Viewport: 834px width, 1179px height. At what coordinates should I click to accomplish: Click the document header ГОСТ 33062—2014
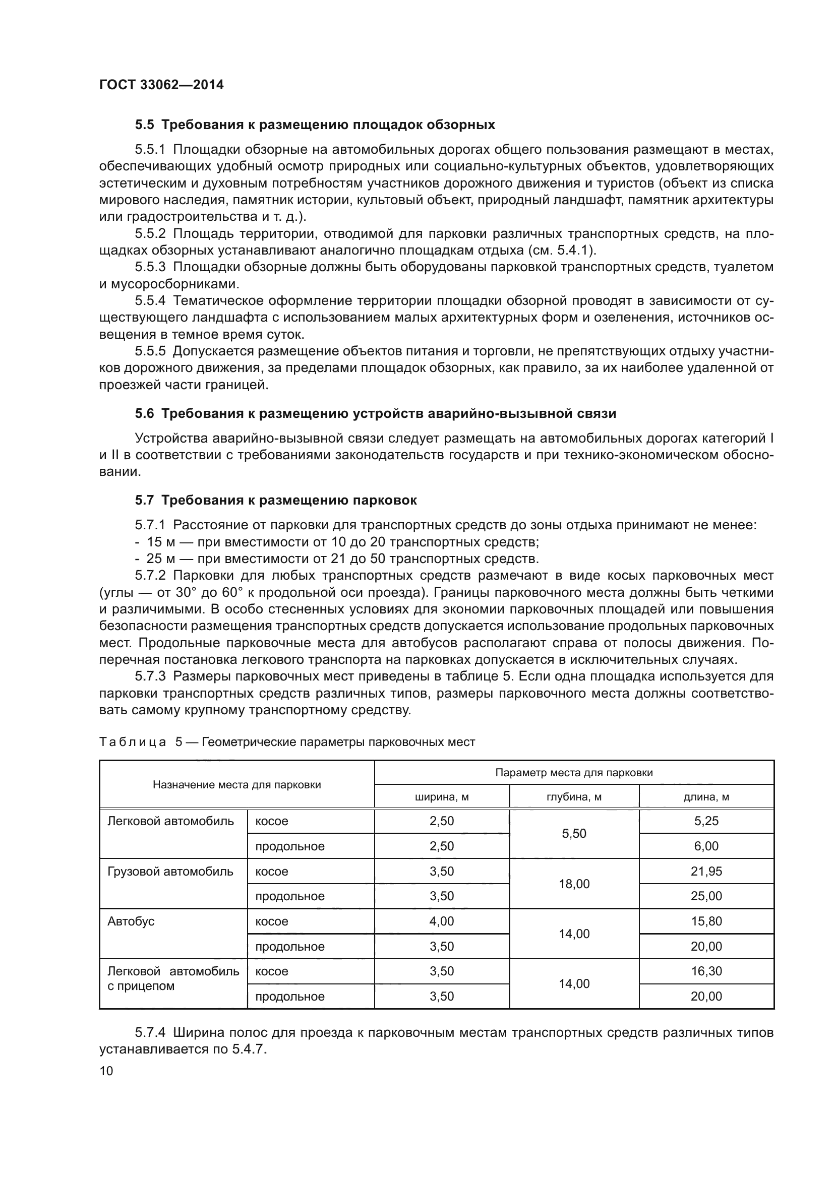pos(161,85)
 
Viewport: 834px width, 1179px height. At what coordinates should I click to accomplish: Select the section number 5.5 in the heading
pos(144,125)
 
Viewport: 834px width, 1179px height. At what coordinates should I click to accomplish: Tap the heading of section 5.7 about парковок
pos(276,500)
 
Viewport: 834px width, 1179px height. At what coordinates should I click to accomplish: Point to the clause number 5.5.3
pos(150,267)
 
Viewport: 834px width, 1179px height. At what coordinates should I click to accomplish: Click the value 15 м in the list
pos(161,542)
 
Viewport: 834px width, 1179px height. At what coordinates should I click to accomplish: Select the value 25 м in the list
pos(161,559)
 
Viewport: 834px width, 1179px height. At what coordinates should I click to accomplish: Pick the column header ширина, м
pos(442,797)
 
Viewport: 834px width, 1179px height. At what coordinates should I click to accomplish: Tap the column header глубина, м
pos(574,797)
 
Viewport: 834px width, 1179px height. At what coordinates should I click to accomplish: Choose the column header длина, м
pos(706,797)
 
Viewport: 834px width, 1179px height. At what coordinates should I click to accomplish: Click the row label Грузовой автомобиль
pos(170,872)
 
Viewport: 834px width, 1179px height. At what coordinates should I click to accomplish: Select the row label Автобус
pos(131,921)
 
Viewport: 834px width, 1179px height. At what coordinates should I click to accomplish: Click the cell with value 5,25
pos(706,821)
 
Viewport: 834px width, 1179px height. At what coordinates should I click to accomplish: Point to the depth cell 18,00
pos(574,884)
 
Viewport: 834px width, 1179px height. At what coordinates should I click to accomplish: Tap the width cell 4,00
pos(442,921)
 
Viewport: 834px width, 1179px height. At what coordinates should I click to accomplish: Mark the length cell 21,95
pos(706,872)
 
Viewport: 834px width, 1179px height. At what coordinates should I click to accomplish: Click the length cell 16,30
pos(706,971)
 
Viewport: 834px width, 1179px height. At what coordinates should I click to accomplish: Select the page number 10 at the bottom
pos(106,1071)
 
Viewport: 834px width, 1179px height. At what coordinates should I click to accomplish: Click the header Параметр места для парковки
pos(574,773)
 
